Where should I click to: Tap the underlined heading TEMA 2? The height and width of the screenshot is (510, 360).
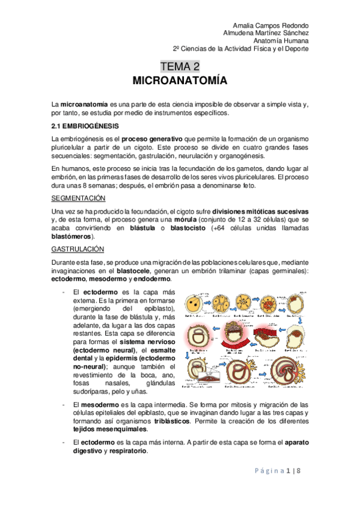point(180,66)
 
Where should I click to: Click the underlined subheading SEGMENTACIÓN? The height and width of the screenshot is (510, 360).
point(78,198)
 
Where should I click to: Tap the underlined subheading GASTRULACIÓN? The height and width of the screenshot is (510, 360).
point(78,248)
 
